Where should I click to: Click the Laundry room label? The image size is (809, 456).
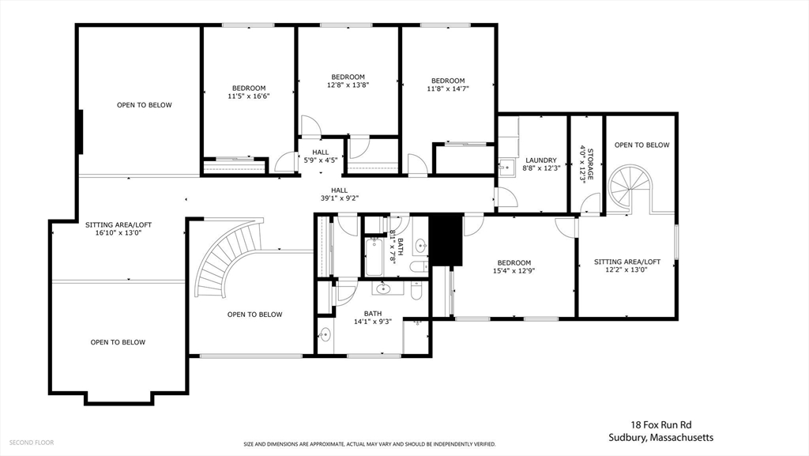[540, 160]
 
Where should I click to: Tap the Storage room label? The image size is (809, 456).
[590, 164]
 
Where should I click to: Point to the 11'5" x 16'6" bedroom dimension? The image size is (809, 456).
[249, 96]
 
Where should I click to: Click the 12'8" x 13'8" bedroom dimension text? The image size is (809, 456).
[348, 85]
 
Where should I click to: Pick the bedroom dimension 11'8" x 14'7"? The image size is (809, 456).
[448, 89]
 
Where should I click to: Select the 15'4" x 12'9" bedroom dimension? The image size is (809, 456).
[514, 270]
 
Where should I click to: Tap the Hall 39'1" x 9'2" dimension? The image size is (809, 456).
[340, 198]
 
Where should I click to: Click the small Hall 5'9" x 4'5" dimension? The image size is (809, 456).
[321, 160]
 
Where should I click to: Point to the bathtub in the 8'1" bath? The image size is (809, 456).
[374, 256]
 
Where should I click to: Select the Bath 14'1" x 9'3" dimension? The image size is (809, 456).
[373, 322]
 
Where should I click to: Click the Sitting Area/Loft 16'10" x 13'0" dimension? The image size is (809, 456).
[119, 232]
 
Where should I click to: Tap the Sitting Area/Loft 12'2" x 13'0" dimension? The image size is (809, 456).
[627, 269]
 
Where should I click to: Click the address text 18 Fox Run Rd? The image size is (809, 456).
[661, 425]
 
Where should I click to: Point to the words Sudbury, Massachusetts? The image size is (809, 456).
[661, 438]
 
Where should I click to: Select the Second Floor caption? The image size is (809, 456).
[32, 443]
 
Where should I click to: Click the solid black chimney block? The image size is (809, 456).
[446, 240]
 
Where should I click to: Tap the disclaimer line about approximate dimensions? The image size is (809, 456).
[370, 444]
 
